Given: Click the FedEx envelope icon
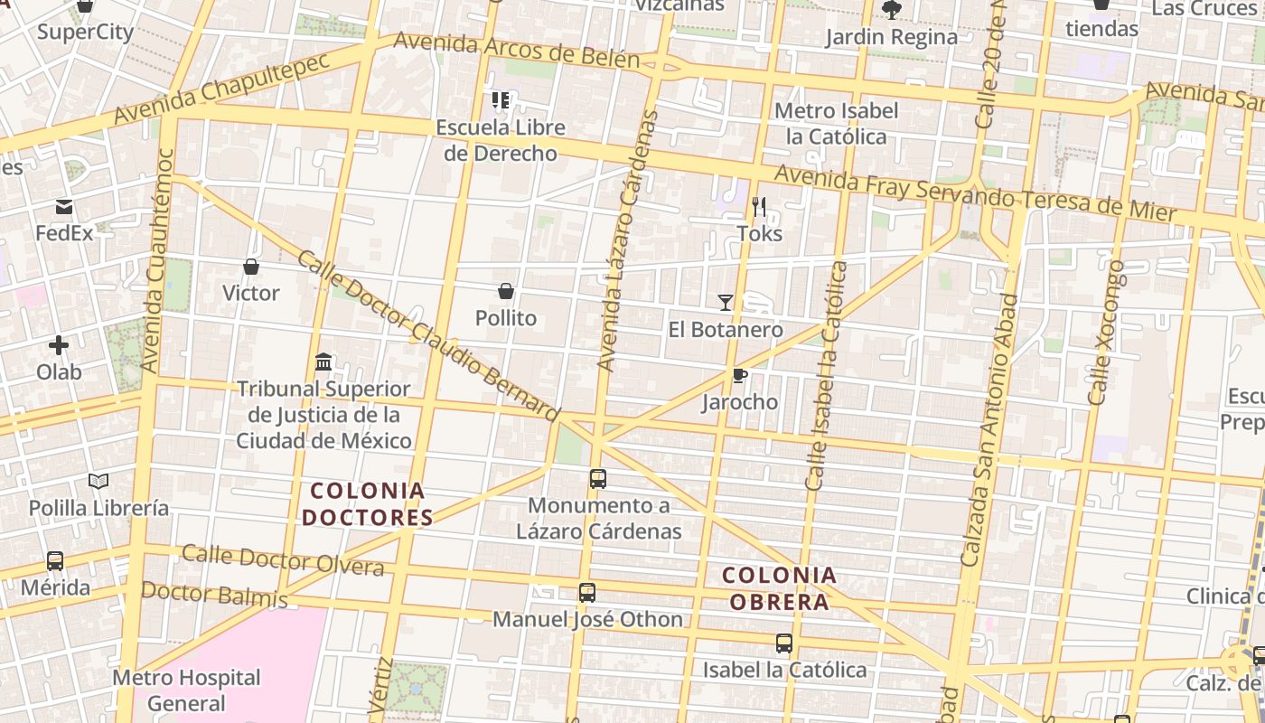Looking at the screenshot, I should pyautogui.click(x=64, y=208).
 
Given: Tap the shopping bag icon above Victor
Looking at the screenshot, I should pyautogui.click(x=251, y=267).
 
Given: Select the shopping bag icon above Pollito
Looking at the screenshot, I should pyautogui.click(x=506, y=291).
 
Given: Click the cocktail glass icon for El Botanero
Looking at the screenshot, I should pyautogui.click(x=725, y=302).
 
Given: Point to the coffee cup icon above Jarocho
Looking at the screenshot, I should pyautogui.click(x=739, y=375).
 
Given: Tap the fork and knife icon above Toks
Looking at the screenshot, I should pyautogui.click(x=759, y=208).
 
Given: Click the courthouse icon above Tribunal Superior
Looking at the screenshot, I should pyautogui.click(x=323, y=362).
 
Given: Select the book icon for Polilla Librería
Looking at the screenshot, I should pyautogui.click(x=98, y=482).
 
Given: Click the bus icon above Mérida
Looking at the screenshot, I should pyautogui.click(x=55, y=561).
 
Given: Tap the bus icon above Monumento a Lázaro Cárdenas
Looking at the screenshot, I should pyautogui.click(x=597, y=479).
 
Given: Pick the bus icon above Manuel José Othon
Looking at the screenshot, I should pyautogui.click(x=587, y=593).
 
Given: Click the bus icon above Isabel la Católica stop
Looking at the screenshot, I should pyautogui.click(x=783, y=643).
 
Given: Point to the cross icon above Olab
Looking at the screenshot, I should pyautogui.click(x=59, y=345).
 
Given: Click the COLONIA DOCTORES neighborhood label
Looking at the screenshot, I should pyautogui.click(x=367, y=504).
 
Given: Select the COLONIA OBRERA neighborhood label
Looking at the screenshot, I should pyautogui.click(x=779, y=588).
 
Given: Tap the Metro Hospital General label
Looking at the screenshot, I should pyautogui.click(x=186, y=690).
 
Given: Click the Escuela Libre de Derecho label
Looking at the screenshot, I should pyautogui.click(x=501, y=140).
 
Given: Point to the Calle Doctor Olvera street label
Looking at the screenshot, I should pyautogui.click(x=283, y=560).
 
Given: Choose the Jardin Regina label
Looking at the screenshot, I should pyautogui.click(x=891, y=37).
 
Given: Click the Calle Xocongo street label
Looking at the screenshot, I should pyautogui.click(x=1107, y=333).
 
